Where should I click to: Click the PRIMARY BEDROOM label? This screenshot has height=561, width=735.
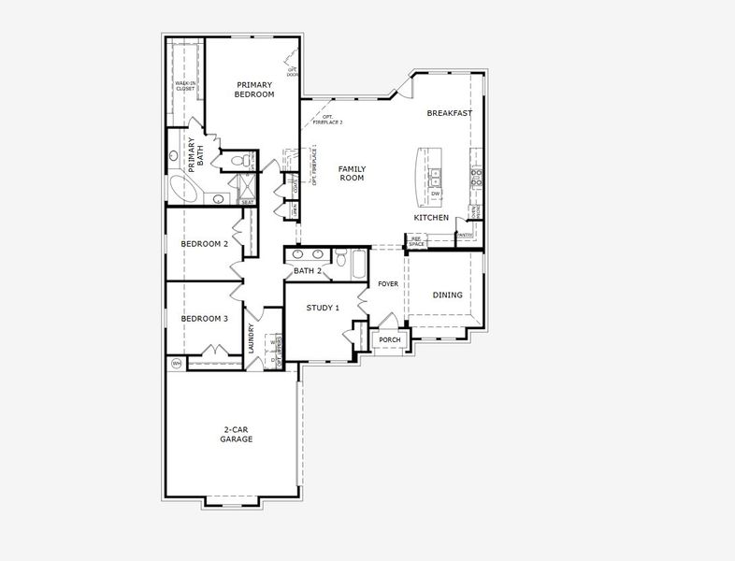(254, 89)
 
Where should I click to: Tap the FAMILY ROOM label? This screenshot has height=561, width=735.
(352, 173)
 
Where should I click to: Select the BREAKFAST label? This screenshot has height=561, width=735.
(449, 113)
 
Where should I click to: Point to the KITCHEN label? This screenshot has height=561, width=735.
(431, 218)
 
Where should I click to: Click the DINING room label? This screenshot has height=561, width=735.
(447, 295)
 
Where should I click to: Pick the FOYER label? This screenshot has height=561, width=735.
(388, 283)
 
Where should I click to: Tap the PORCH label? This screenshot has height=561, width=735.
(389, 339)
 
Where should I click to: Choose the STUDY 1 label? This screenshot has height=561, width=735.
(323, 308)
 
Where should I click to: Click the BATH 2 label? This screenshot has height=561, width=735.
(308, 271)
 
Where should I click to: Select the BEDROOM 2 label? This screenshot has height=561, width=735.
(204, 244)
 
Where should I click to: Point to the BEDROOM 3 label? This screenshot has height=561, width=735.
(204, 319)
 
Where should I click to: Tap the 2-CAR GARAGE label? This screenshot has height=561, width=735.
(237, 435)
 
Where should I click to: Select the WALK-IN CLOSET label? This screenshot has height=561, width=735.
(184, 86)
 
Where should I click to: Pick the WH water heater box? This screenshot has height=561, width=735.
(176, 363)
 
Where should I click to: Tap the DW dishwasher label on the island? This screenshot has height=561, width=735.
(435, 194)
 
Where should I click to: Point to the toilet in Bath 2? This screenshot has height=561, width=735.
(341, 257)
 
